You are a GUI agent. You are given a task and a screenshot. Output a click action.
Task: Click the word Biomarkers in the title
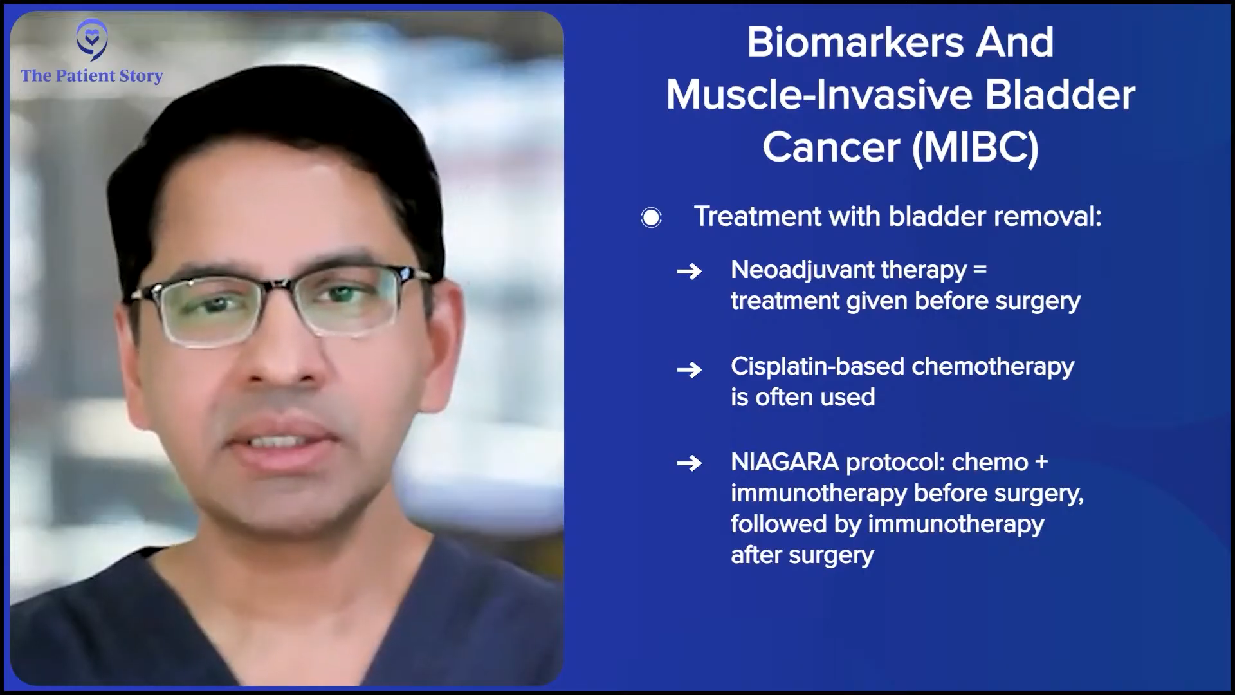[855, 42]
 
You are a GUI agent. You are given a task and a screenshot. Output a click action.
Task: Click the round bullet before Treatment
[651, 218]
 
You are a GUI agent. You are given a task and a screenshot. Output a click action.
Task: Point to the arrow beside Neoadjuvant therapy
[689, 272]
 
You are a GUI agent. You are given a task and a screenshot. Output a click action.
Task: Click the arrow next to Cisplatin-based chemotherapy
[689, 369]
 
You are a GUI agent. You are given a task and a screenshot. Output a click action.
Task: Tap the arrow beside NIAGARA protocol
[689, 463]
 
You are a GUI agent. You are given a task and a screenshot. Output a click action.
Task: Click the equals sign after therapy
[980, 270]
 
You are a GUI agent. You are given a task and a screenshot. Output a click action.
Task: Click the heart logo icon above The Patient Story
[92, 39]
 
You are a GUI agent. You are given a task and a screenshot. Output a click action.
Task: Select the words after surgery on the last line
[802, 555]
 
